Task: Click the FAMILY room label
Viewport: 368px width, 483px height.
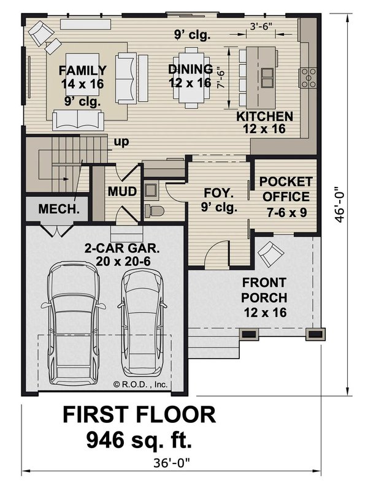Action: (83, 70)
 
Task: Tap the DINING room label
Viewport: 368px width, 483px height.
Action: (190, 69)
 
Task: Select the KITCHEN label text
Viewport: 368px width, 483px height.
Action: (265, 116)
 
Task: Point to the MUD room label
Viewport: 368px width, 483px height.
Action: (122, 191)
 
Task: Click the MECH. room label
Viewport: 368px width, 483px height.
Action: (58, 209)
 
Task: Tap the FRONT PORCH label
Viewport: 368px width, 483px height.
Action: (264, 291)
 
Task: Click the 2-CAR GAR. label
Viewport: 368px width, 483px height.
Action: (123, 249)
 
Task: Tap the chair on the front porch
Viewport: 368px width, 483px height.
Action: (270, 252)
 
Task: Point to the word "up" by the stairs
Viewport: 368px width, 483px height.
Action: (120, 143)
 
